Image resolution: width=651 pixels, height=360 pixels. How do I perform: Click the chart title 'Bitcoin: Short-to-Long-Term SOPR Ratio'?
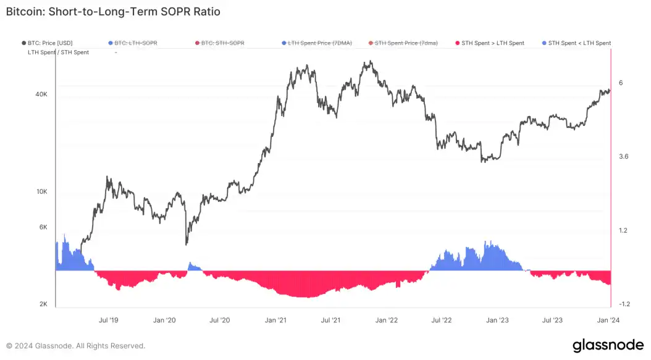tap(112, 12)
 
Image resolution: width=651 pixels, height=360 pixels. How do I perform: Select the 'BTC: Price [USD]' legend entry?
tap(49, 43)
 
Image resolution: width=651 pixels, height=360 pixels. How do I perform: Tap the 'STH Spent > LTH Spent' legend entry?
tap(493, 43)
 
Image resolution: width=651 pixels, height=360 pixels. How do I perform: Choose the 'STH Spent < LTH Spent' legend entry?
tap(579, 43)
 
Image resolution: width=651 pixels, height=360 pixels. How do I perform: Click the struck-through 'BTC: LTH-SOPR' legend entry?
tap(136, 43)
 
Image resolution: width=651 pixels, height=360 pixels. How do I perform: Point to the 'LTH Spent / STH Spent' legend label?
tap(58, 52)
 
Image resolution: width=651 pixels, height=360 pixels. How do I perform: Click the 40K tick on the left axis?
tap(41, 94)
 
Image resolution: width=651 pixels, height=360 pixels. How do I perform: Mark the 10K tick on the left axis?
tap(41, 191)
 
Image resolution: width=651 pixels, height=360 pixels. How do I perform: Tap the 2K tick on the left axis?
tap(43, 304)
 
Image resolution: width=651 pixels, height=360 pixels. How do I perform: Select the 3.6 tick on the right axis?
tap(623, 157)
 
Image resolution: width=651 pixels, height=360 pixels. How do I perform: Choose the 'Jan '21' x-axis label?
tap(275, 320)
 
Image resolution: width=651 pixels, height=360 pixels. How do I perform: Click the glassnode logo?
tap(608, 345)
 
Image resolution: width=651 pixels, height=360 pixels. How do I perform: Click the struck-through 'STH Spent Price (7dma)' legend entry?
tap(406, 43)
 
